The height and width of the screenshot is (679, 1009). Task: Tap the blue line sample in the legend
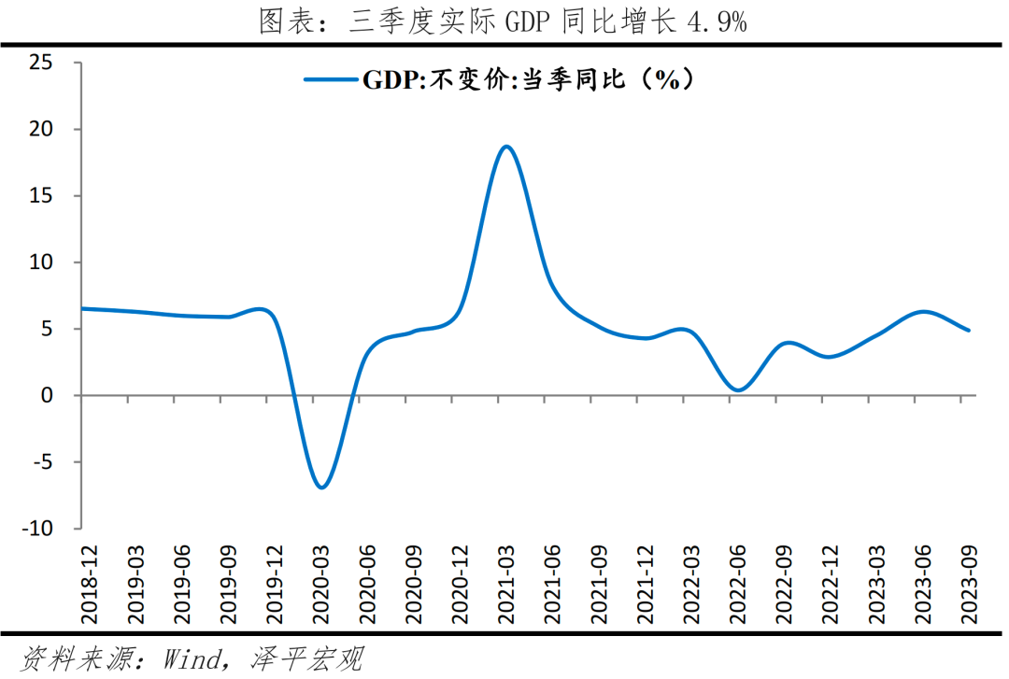(x=332, y=79)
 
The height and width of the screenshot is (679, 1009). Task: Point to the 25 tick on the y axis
(x=42, y=63)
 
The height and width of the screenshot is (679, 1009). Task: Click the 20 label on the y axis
(x=42, y=129)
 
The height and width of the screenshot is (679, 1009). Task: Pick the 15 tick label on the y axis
(x=42, y=196)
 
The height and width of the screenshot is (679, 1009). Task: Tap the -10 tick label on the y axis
(x=38, y=529)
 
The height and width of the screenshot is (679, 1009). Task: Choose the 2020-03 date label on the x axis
(x=320, y=584)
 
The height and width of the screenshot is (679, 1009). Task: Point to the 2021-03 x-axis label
(x=505, y=584)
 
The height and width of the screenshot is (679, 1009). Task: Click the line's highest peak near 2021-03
(x=505, y=147)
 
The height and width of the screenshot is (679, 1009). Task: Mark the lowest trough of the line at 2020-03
(x=321, y=487)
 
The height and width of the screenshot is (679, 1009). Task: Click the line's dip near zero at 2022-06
(x=738, y=389)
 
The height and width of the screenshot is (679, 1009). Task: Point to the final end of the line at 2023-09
(x=969, y=330)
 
